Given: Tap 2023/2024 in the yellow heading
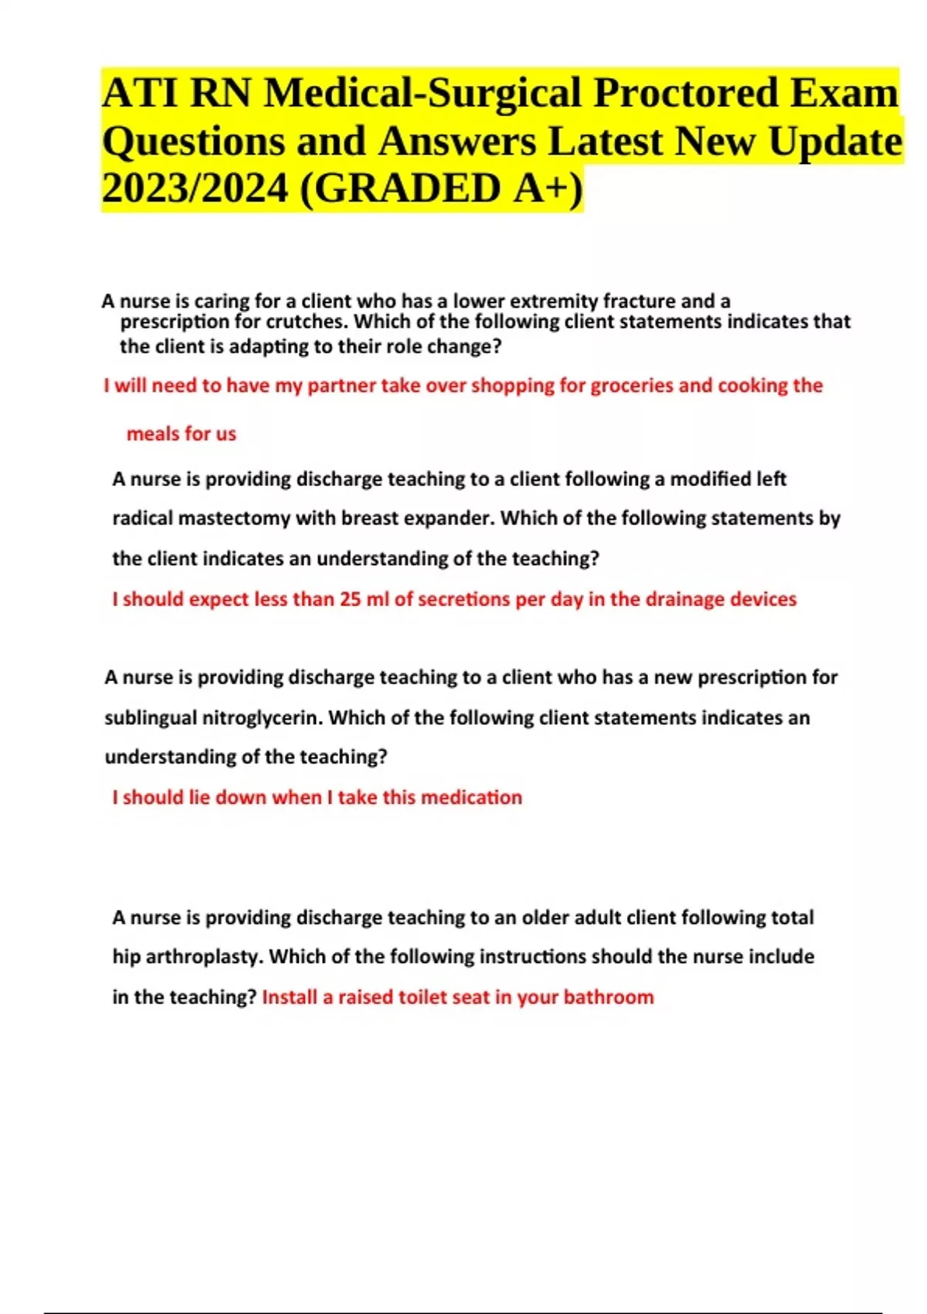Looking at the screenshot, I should [195, 189].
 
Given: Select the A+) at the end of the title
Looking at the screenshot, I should [548, 189].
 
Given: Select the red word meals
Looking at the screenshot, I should [153, 434].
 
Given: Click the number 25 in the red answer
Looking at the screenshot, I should [350, 599].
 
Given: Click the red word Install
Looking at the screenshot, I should [290, 997].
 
